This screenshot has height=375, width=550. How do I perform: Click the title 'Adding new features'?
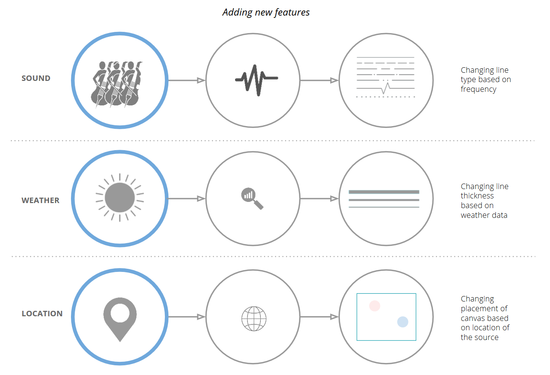tap(266, 12)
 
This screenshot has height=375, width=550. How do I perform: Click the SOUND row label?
tap(36, 78)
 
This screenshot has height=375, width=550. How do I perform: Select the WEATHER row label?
tap(41, 200)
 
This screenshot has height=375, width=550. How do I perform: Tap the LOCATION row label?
tap(42, 314)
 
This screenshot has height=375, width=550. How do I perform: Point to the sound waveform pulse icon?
tap(256, 80)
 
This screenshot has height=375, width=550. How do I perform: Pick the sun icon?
tap(120, 198)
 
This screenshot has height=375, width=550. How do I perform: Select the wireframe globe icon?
tap(254, 319)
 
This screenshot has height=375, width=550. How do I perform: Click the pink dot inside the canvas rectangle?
tap(375, 306)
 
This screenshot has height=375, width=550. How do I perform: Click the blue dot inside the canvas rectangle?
tap(403, 322)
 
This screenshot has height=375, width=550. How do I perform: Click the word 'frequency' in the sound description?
tap(478, 89)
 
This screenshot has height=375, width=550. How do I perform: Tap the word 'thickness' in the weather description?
tap(477, 196)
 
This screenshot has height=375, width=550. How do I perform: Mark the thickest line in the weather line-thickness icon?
tap(384, 192)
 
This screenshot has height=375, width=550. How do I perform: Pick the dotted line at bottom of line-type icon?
tap(386, 96)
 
